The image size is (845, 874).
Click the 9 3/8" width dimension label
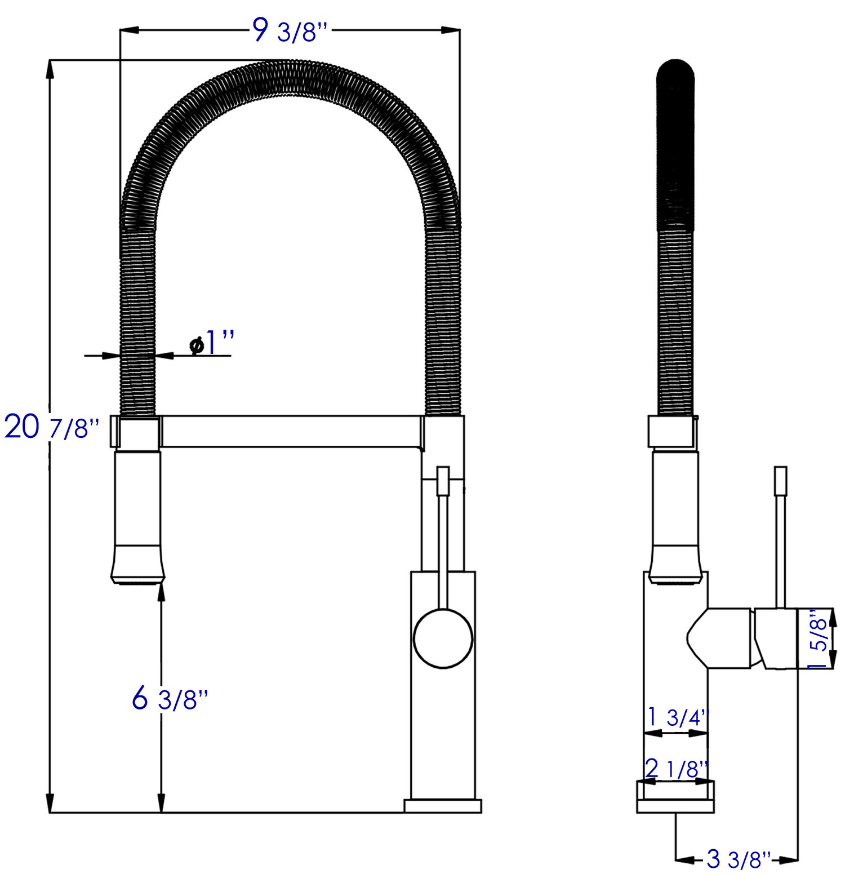[x=290, y=31]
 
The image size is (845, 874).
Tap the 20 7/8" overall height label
[x=52, y=427]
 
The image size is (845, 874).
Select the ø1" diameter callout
[x=212, y=343]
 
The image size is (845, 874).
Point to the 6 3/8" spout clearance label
[x=170, y=699]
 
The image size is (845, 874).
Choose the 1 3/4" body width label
[x=677, y=717]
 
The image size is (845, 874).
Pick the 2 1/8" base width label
[x=676, y=769]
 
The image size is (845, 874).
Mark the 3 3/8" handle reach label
[x=738, y=859]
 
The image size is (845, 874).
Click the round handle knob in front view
[x=443, y=638]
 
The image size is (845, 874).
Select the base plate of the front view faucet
[x=443, y=806]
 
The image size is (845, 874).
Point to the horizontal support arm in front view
[x=290, y=432]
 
